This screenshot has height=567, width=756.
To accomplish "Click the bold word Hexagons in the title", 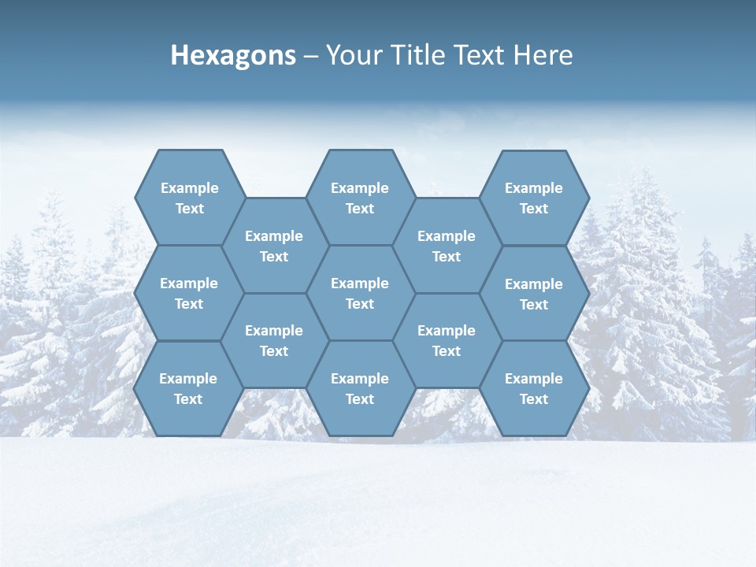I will click(233, 56).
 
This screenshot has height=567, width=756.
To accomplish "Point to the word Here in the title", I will click(543, 55).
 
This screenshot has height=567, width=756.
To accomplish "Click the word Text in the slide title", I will click(478, 55).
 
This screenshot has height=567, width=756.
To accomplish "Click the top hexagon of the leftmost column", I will click(189, 198).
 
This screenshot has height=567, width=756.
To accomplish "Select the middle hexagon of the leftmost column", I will click(189, 293).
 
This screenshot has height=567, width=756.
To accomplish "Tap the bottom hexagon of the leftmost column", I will click(188, 388).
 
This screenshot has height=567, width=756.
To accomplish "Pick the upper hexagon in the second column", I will click(274, 246).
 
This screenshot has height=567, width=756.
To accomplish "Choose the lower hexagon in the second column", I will click(274, 340).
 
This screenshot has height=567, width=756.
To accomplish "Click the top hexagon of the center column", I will click(360, 198).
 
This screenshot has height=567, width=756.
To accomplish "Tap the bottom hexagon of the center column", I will click(360, 388).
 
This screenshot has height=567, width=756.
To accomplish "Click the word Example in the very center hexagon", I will click(360, 283).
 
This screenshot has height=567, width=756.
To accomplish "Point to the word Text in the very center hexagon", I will click(360, 304).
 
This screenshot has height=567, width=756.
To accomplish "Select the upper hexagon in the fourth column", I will click(447, 246).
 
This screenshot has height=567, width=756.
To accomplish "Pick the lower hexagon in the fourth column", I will click(447, 340).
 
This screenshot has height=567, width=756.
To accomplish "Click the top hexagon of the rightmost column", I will click(534, 198).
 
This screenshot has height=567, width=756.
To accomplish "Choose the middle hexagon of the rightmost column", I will click(534, 294).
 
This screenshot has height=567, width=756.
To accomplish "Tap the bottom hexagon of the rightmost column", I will click(534, 388).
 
